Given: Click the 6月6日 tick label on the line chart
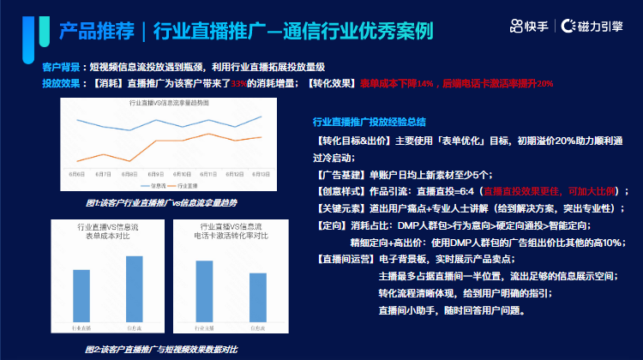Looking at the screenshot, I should (77, 172).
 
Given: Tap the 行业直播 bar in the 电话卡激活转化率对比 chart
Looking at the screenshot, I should (205, 291).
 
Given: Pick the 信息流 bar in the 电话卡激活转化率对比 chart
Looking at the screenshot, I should (258, 297).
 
